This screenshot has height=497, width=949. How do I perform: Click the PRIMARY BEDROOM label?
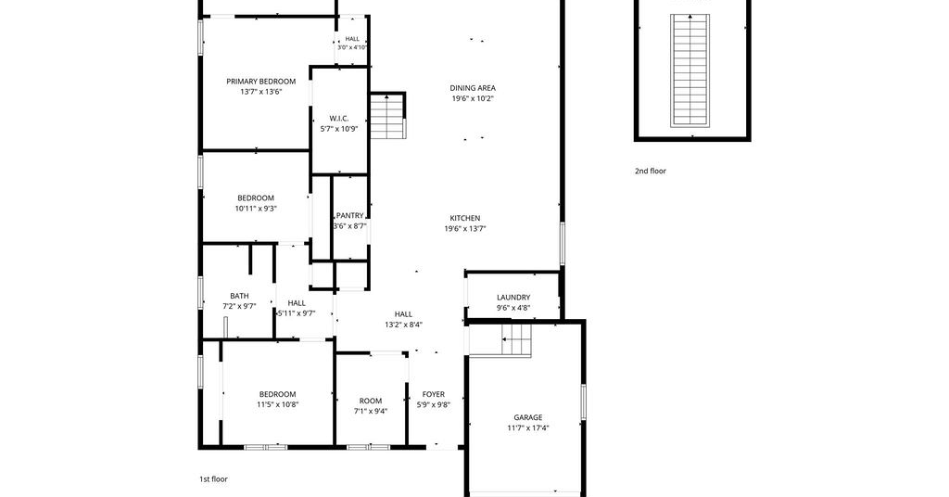click(260, 81)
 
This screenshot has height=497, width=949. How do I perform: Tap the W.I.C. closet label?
click(339, 118)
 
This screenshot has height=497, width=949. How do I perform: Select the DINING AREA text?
click(473, 88)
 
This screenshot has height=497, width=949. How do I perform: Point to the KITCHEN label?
click(465, 218)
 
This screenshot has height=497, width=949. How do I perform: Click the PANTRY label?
click(349, 215)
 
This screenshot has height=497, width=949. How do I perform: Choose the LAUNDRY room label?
click(513, 298)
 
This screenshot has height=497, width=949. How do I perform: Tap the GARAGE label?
click(527, 417)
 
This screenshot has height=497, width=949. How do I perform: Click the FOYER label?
click(434, 394)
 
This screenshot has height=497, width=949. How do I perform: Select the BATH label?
click(239, 296)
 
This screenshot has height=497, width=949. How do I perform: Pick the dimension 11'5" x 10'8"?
click(278, 404)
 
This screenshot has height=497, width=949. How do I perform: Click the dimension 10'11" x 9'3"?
click(256, 209)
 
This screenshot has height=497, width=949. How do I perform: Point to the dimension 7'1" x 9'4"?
click(371, 411)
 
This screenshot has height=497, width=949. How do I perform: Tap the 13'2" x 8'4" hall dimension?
click(404, 325)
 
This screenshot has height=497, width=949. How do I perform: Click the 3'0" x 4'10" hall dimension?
click(352, 47)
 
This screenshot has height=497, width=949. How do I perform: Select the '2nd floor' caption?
click(650, 172)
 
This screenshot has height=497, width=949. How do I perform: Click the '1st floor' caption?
click(214, 478)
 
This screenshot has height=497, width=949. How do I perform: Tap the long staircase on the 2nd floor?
click(690, 70)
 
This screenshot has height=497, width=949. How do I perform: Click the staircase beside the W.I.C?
click(386, 116)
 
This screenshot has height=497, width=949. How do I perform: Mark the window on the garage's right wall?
click(584, 401)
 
